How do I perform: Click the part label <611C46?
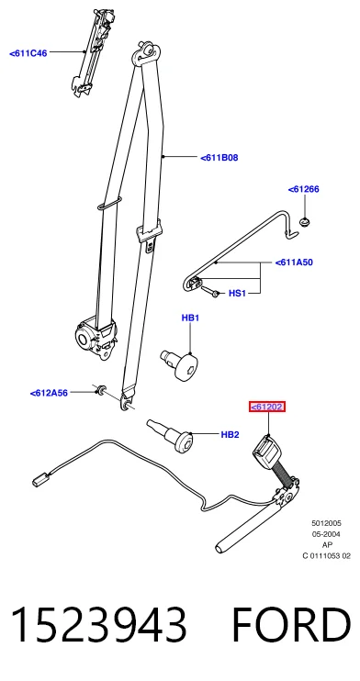point(28,53)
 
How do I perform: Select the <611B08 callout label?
point(219,158)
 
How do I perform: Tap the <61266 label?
point(303,189)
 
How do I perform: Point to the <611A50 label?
point(294,262)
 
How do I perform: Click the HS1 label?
point(237,294)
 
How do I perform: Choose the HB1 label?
point(190,318)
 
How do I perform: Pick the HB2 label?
point(230,434)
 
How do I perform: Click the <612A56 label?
point(49,393)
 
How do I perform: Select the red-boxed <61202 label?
point(267,407)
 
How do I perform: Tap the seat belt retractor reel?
point(96,337)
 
